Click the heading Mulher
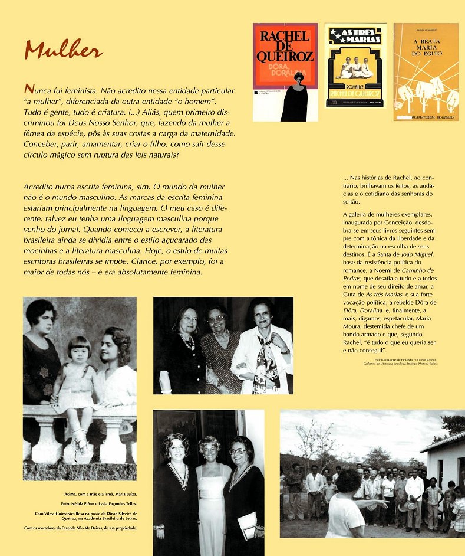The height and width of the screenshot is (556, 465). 63,51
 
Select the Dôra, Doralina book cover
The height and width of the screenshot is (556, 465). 285,72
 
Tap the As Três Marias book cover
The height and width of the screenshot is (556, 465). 355,66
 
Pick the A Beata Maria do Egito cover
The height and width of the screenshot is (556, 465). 426,71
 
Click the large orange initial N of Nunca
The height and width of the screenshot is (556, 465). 28,89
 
